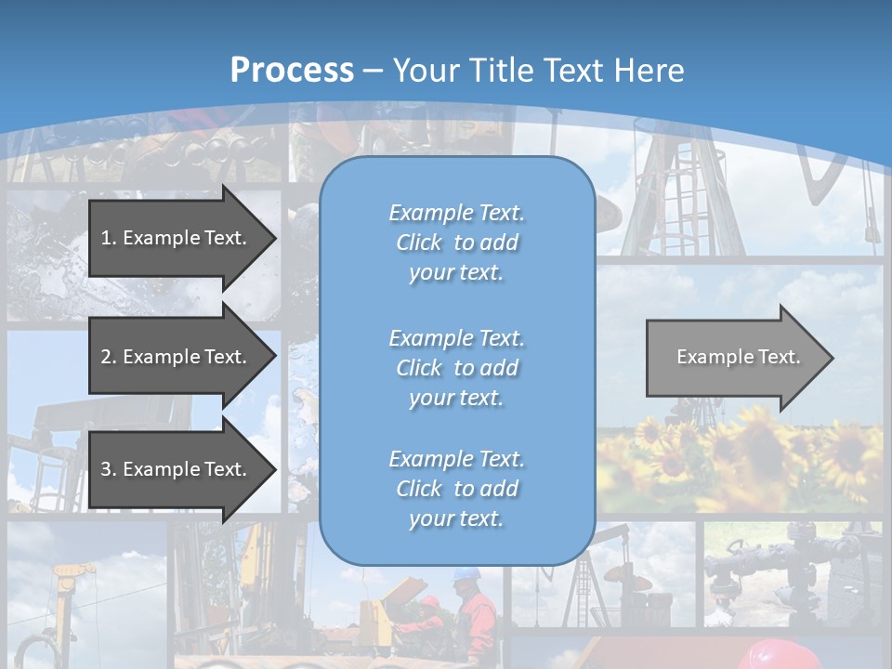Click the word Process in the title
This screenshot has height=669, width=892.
click(x=292, y=71)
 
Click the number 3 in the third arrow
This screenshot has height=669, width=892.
click(x=106, y=469)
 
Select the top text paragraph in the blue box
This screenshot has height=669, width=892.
click(x=456, y=243)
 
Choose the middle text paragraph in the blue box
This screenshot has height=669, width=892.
click(x=456, y=368)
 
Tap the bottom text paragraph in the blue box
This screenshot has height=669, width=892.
click(x=456, y=489)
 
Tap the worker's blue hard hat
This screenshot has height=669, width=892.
click(x=464, y=575)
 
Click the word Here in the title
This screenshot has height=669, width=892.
click(x=653, y=71)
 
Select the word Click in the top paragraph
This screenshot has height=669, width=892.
click(x=419, y=243)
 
